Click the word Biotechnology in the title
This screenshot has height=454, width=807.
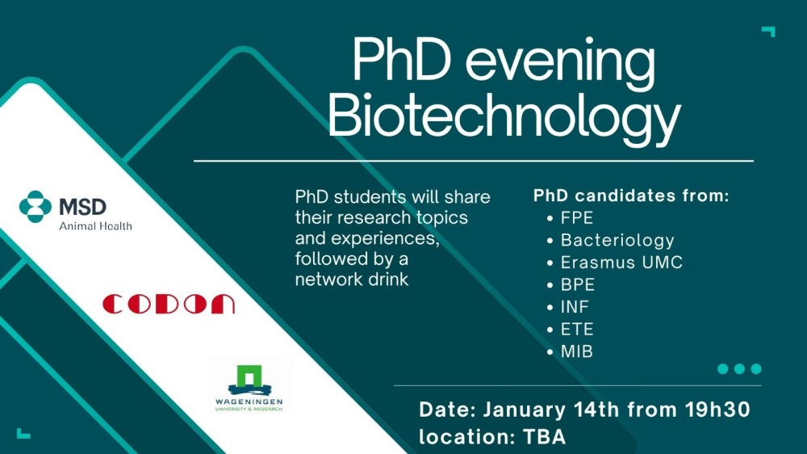(504, 117)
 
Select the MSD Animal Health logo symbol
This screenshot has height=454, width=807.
(36, 207)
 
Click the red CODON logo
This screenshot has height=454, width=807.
(169, 304)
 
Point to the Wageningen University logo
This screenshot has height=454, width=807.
(249, 388)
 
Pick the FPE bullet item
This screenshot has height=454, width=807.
(577, 218)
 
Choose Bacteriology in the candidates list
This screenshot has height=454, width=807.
(617, 240)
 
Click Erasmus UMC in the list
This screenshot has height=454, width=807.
(621, 263)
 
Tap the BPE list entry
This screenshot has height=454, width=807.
(578, 284)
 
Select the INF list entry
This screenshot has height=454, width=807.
(575, 307)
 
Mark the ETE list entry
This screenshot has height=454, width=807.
(577, 330)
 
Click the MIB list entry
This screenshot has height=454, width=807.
(576, 351)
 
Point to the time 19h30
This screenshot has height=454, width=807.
(717, 410)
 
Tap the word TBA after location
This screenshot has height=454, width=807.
(545, 437)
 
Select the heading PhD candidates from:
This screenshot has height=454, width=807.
(631, 195)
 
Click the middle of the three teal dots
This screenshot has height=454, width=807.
(739, 368)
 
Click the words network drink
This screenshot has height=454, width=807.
(352, 280)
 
